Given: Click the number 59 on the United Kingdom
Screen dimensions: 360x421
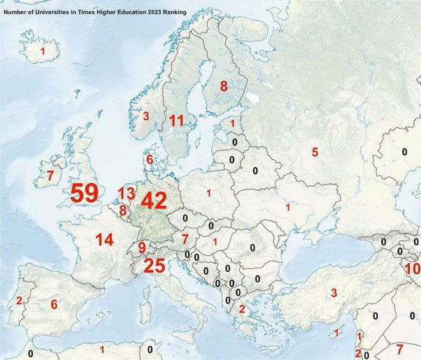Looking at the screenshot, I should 84,194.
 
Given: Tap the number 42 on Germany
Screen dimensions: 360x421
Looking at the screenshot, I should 153,201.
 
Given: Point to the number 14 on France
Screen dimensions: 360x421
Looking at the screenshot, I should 104,240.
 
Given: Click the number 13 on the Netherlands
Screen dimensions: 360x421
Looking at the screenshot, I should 126,193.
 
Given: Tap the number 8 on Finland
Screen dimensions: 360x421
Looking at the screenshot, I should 224,87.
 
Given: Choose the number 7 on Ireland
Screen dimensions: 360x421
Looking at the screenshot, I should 50,175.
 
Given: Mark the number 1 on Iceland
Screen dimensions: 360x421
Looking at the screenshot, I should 43,52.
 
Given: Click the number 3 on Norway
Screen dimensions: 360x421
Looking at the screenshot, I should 146,116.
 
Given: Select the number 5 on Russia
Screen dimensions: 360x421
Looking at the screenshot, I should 315,152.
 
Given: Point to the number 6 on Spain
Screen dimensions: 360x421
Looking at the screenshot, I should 54,305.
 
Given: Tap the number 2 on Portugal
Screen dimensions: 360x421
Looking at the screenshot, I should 19,302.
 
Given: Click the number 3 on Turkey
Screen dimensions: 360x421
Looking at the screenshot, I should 334,292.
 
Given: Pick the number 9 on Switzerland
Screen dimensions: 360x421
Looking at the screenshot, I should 141,247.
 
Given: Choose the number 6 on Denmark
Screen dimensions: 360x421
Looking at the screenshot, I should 148,160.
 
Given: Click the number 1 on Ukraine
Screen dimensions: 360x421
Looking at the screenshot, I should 287,208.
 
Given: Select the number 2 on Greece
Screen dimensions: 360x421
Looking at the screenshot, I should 242,309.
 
